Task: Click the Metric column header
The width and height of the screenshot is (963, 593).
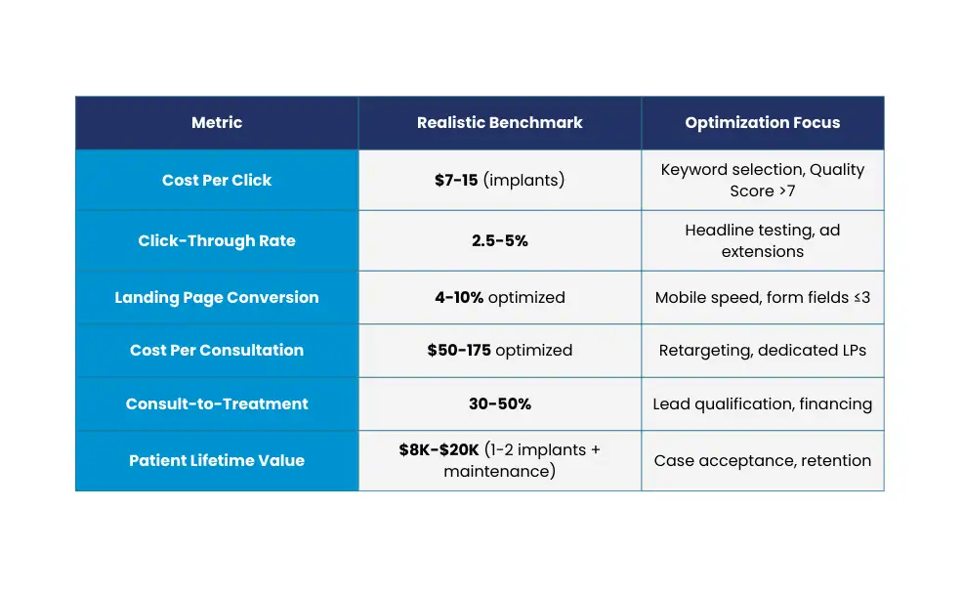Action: [217, 123]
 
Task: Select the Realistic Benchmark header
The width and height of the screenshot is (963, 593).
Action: [499, 123]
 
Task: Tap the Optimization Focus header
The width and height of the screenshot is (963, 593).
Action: [762, 123]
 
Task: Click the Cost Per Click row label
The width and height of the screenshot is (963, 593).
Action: [217, 180]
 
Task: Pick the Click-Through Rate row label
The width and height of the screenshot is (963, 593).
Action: [217, 240]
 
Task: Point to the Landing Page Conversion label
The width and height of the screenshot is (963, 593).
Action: [217, 297]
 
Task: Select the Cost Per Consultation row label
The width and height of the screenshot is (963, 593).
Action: [217, 350]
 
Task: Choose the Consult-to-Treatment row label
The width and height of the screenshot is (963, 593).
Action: [217, 403]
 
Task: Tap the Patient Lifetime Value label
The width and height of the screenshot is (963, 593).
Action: [217, 460]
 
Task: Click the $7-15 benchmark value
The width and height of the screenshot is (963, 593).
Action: [456, 180]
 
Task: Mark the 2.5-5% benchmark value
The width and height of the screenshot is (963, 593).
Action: [499, 240]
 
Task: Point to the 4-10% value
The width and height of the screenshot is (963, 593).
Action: [459, 297]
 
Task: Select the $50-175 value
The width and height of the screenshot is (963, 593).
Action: [459, 350]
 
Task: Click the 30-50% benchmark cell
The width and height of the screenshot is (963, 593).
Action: [499, 403]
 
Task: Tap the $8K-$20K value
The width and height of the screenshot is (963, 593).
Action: [440, 450]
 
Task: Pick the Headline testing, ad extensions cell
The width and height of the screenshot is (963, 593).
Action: [762, 240]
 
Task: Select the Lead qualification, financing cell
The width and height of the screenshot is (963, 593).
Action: [762, 403]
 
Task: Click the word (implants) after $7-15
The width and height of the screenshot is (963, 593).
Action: [523, 180]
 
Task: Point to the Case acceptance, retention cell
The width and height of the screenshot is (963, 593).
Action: [762, 460]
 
